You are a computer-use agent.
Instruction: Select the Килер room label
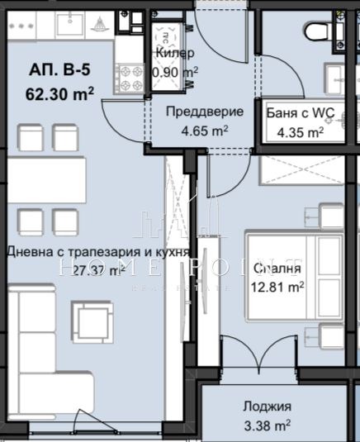click(174, 54)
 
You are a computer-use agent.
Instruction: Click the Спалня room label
click(277, 269)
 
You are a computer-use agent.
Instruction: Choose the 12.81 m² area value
click(277, 287)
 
